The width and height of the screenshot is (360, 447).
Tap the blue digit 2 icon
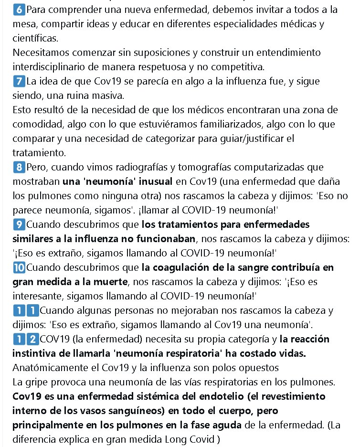(32, 340)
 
